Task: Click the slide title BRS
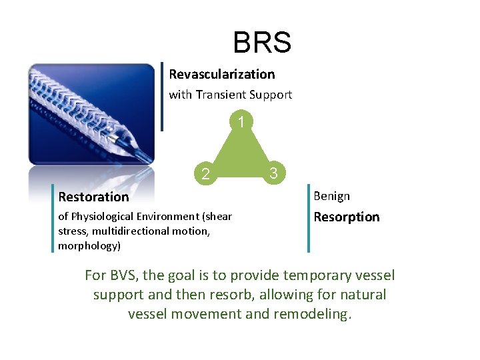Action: tap(262, 43)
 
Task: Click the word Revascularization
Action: tap(222, 74)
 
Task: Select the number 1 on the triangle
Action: tap(241, 122)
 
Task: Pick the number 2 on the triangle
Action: tap(206, 175)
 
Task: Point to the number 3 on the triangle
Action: tap(273, 174)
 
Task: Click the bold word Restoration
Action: tap(93, 197)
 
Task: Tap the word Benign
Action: tap(331, 196)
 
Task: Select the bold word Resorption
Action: tap(346, 217)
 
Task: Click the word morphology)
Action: tap(89, 245)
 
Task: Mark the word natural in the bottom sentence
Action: tap(361, 295)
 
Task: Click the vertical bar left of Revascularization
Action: tap(163, 97)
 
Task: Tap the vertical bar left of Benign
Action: tap(309, 219)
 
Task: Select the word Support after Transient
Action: tap(270, 95)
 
